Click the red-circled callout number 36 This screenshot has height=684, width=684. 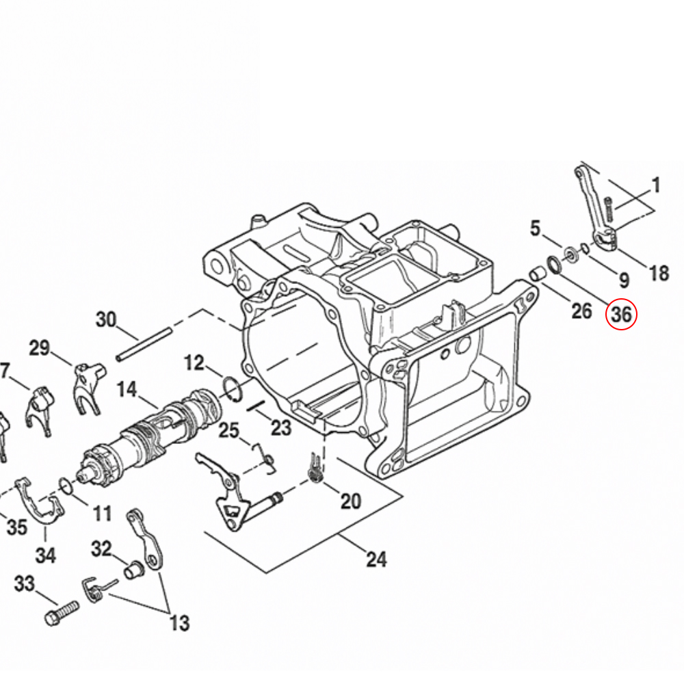tap(621, 314)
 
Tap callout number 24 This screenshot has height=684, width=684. tap(376, 559)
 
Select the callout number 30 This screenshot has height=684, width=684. tap(106, 319)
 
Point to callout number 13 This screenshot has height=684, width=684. tap(180, 623)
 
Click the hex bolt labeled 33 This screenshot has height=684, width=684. tap(62, 613)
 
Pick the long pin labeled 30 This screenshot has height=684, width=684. tap(144, 344)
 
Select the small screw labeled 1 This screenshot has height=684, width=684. tap(609, 209)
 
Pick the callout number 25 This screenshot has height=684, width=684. tap(228, 430)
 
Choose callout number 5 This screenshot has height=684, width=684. tap(536, 228)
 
